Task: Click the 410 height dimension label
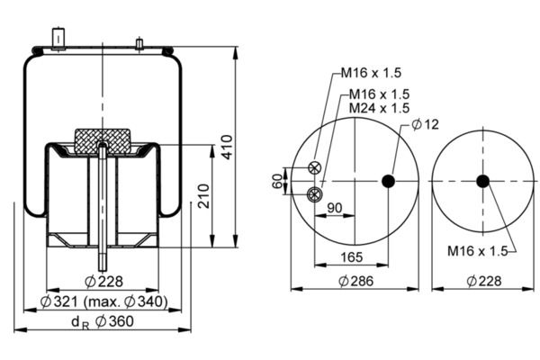tap(227, 147)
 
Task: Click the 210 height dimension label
tap(203, 195)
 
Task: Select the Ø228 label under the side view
tap(103, 282)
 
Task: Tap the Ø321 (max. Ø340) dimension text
tap(104, 301)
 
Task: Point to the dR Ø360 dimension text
tap(103, 322)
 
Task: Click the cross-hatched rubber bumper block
tap(103, 141)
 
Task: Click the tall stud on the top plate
tap(58, 39)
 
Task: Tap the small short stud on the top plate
tap(139, 44)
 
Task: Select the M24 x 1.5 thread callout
tap(379, 108)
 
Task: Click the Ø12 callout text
tap(426, 124)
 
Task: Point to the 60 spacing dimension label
tap(277, 181)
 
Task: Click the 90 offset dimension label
tap(335, 208)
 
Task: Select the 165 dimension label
tap(352, 257)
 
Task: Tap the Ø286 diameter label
tap(355, 281)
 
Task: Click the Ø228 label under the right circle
tap(484, 281)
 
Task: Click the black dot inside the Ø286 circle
tap(388, 181)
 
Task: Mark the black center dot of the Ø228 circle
tap(482, 181)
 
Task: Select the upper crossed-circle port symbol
tap(314, 167)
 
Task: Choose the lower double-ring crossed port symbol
tap(314, 194)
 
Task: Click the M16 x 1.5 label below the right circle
tap(478, 251)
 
